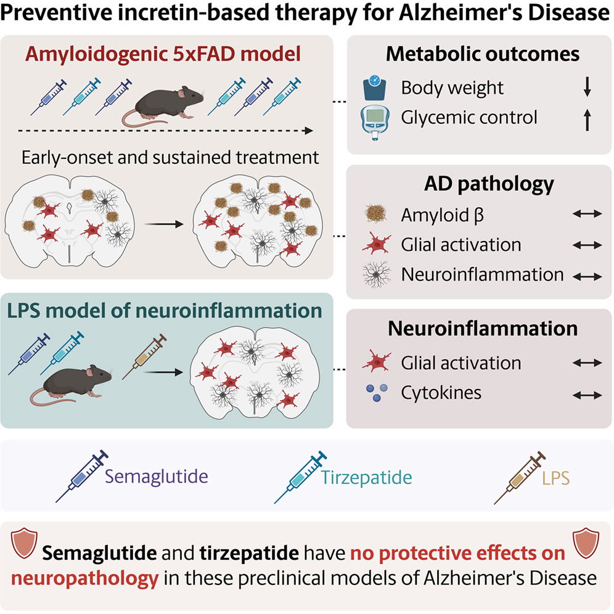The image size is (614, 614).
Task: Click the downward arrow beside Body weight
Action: (587, 86)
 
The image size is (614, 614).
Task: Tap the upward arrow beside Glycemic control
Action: (587, 120)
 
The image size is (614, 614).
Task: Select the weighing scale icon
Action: (375, 88)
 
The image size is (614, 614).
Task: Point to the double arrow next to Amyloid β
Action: (587, 214)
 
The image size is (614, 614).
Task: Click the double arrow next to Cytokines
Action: (587, 395)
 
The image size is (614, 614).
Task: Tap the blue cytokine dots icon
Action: (377, 392)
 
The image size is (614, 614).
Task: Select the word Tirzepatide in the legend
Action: (367, 477)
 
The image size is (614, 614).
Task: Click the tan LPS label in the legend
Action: (555, 478)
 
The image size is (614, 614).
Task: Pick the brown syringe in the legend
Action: (519, 478)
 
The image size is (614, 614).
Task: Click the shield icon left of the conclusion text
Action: (24, 542)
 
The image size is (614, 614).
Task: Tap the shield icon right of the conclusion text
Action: (586, 542)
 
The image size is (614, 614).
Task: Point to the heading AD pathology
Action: (489, 184)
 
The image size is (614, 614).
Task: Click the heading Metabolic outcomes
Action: (483, 54)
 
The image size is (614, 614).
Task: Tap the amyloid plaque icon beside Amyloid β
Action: (376, 214)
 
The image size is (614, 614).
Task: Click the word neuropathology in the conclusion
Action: (85, 578)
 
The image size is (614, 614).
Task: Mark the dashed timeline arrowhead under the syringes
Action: (309, 131)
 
